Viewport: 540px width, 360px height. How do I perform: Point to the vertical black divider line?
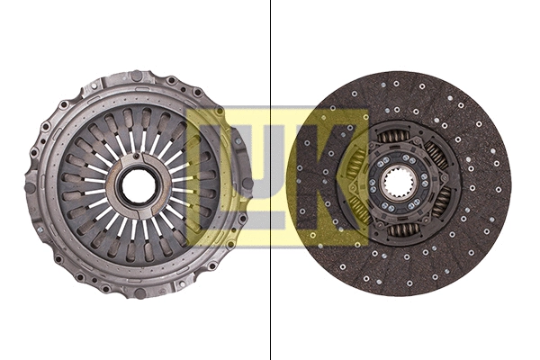[271, 54]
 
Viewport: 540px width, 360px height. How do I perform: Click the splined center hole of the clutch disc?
[397, 184]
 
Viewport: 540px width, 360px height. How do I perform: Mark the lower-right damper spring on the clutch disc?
[440, 203]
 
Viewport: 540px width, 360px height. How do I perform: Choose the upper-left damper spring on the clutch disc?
[355, 163]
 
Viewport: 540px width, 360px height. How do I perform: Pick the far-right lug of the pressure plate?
[247, 184]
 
